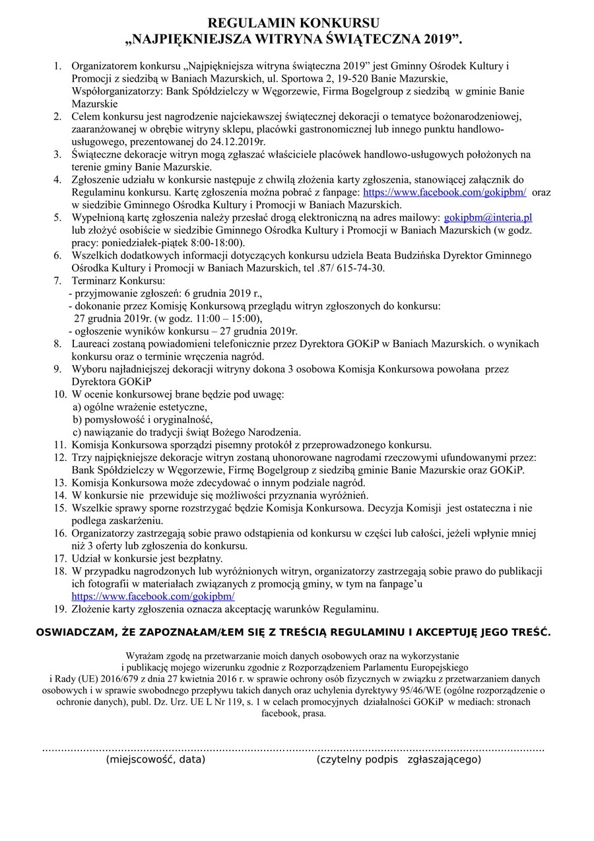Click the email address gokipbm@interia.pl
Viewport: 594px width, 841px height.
tap(488, 217)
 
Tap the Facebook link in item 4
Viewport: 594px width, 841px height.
tap(444, 192)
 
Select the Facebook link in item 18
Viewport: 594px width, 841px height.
tap(152, 596)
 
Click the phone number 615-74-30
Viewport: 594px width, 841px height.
tap(362, 268)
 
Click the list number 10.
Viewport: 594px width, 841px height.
tap(59, 395)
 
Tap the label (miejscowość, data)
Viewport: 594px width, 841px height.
tap(156, 760)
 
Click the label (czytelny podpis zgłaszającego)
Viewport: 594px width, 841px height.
tap(399, 760)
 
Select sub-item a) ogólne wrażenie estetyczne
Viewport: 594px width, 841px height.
tap(139, 407)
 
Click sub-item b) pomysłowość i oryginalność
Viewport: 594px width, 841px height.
tap(143, 420)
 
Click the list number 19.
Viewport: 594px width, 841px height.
tap(59, 609)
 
